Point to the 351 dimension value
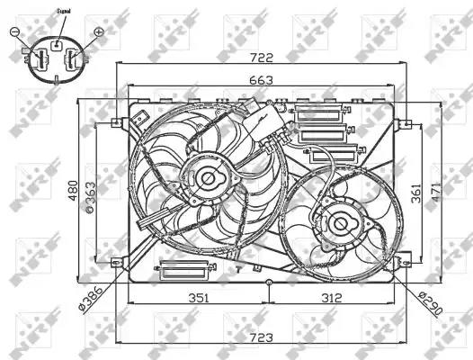(199, 298)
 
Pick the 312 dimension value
(330, 298)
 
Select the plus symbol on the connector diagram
(98, 32)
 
